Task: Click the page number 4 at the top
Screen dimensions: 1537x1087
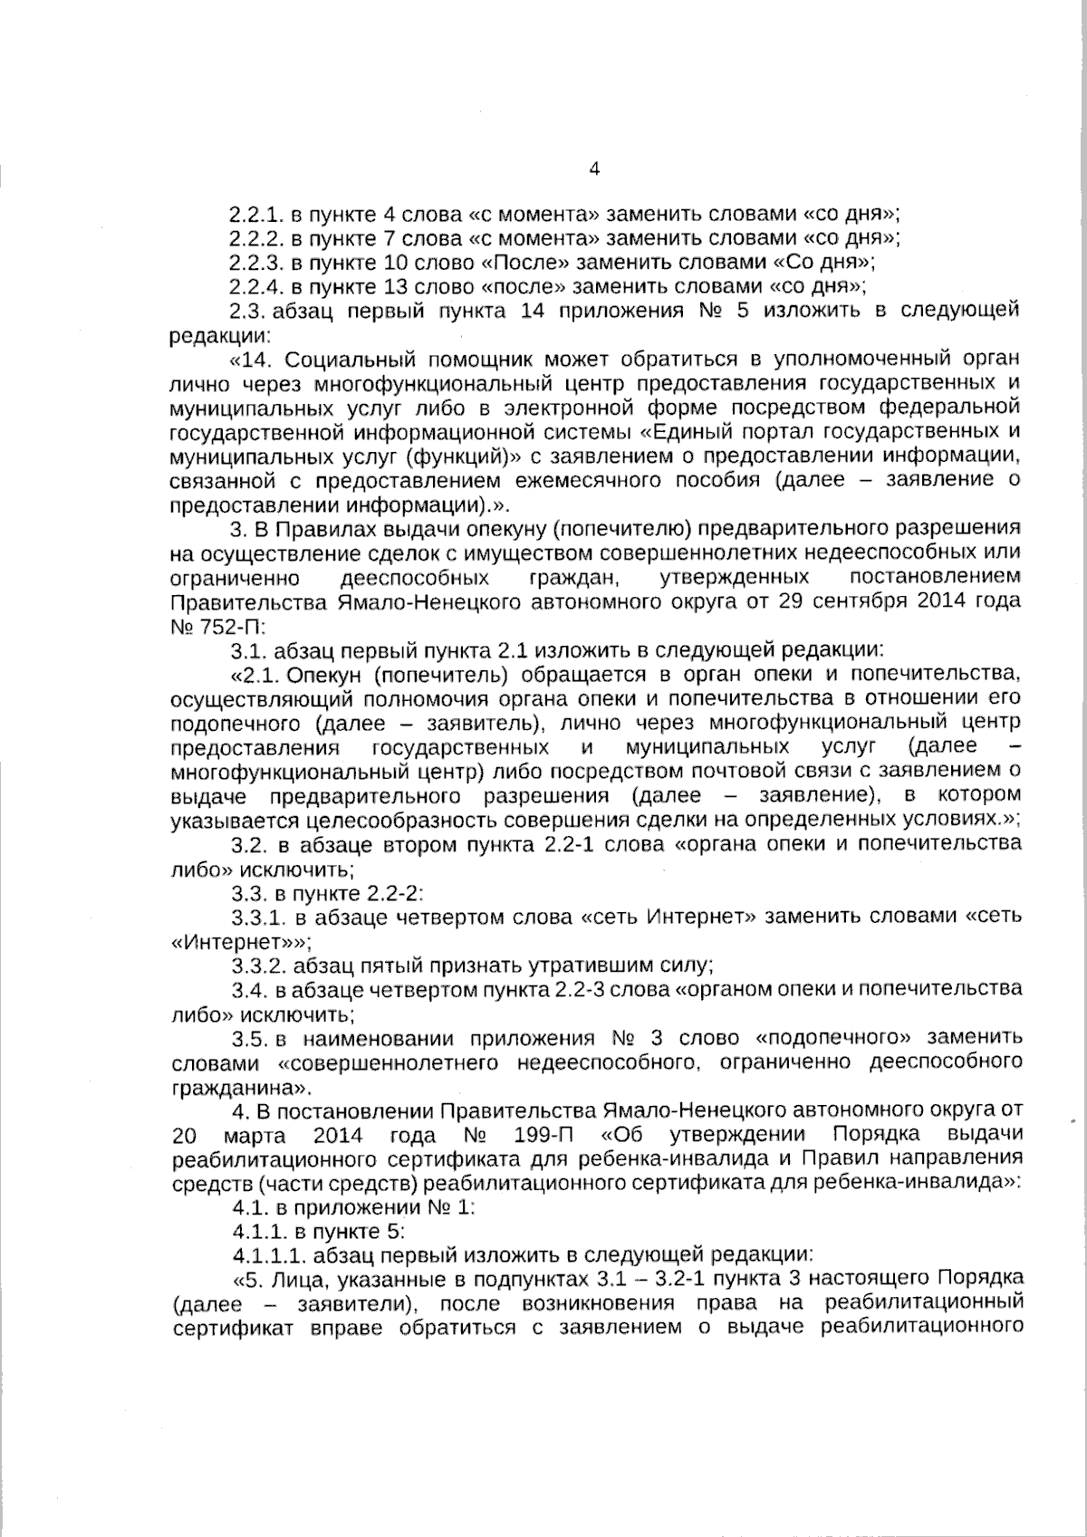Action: (x=594, y=169)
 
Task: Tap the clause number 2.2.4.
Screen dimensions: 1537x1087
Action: (x=257, y=287)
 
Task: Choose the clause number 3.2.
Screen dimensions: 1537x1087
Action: (x=246, y=844)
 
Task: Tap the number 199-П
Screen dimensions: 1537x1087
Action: (x=541, y=1135)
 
